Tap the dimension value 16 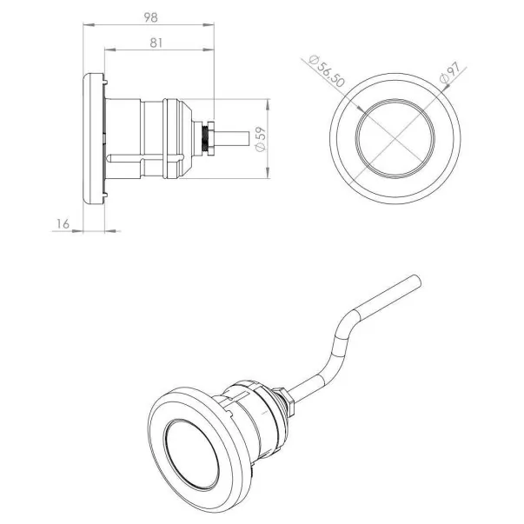tap(62, 223)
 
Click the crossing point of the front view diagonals tap(393, 139)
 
